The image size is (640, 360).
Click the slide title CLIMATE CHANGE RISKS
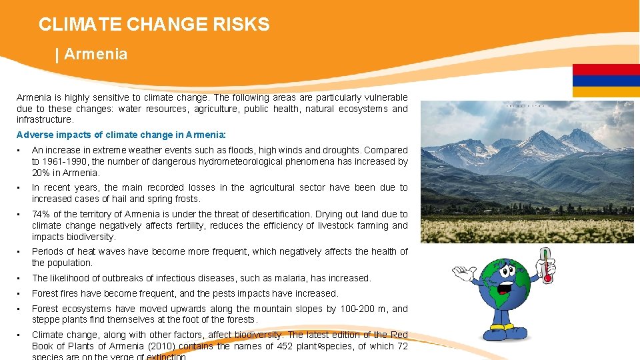click(154, 25)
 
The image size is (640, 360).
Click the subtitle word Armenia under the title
click(95, 55)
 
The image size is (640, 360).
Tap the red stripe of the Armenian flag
click(606, 69)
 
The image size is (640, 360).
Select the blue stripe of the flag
click(606, 81)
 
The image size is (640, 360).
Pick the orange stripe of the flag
click(606, 92)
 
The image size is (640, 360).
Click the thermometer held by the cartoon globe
click(547, 265)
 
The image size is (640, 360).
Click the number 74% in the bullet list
click(41, 214)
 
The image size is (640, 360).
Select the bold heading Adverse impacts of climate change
click(121, 134)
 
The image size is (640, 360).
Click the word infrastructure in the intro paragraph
click(45, 120)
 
